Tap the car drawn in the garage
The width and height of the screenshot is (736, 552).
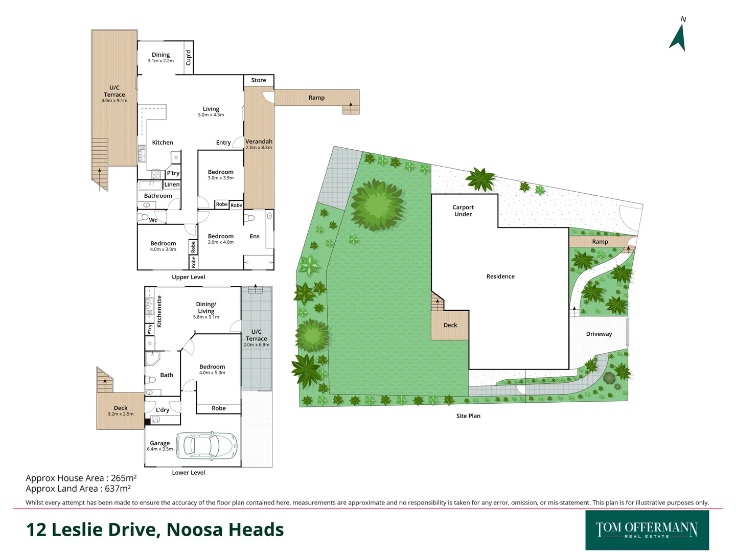tap(207, 445)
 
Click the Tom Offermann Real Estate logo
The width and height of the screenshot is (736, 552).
tap(647, 530)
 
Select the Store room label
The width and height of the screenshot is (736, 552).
tap(259, 80)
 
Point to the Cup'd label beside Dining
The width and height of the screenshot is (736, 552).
tap(188, 57)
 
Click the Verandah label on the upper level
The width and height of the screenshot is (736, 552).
tap(259, 142)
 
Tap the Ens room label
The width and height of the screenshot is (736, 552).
tap(255, 236)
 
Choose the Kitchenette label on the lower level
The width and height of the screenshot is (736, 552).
tap(159, 311)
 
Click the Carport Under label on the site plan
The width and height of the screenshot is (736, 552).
tap(463, 211)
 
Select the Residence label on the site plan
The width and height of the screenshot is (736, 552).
tap(500, 277)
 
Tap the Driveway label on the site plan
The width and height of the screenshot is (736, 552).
tap(599, 334)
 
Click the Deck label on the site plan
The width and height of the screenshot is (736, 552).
tap(450, 325)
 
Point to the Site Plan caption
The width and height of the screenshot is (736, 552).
tap(468, 416)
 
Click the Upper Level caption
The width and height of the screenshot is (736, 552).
tap(189, 277)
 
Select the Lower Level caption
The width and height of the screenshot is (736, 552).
tap(189, 473)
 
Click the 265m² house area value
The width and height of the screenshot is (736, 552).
tap(124, 478)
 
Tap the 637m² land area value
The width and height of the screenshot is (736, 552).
tap(118, 489)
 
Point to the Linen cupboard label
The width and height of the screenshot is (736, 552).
tap(172, 185)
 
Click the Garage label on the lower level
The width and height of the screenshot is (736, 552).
tap(159, 443)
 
